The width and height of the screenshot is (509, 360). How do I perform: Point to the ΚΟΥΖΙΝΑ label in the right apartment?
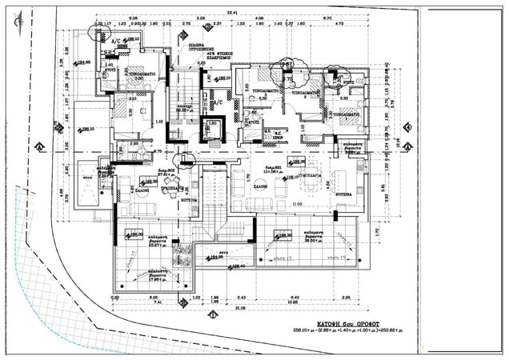[x=345, y=194]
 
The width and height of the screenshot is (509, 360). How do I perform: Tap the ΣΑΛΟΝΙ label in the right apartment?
[x=283, y=194]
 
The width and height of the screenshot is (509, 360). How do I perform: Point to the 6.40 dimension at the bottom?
[x=295, y=297]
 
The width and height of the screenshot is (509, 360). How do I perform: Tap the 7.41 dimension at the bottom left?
[x=158, y=302]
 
